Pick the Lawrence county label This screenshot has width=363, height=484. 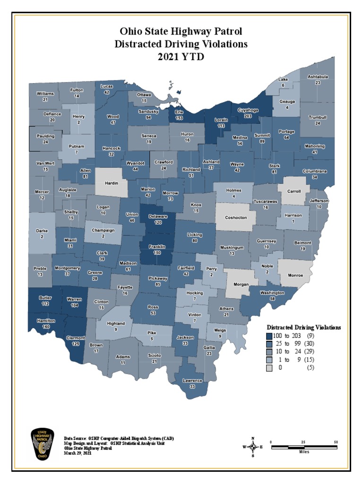tap(192, 380)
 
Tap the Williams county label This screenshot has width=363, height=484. tap(45, 94)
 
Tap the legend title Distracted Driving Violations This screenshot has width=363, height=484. tap(304, 327)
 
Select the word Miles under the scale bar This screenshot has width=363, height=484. tap(304, 451)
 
